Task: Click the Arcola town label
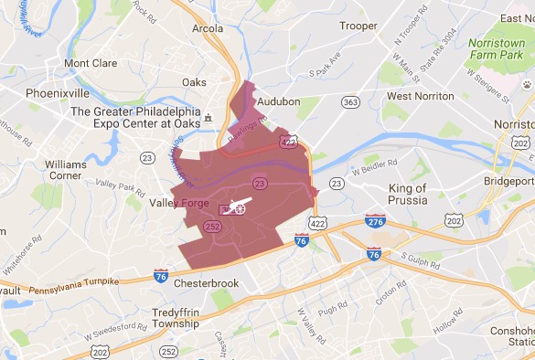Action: pyautogui.click(x=207, y=27)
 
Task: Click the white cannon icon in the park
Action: pyautogui.click(x=236, y=208)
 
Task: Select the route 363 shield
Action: pyautogui.click(x=349, y=103)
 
